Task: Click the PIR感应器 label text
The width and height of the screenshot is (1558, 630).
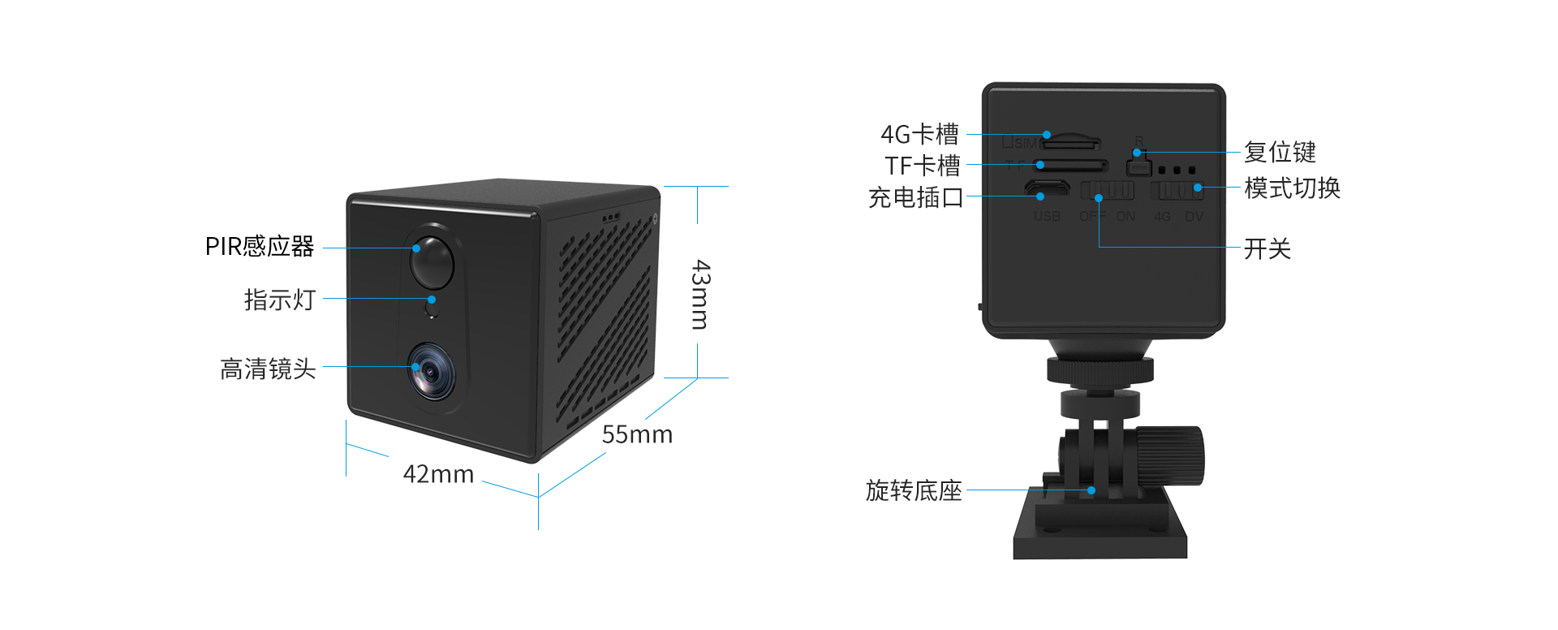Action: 259,247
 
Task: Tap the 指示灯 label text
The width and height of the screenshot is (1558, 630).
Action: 279,300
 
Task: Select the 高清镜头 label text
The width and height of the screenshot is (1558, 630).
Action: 268,369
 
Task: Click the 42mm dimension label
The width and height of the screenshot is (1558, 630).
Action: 438,474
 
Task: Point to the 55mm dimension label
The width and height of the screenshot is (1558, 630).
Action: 637,435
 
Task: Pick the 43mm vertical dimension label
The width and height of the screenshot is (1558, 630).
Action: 699,295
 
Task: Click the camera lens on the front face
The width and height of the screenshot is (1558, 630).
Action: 431,372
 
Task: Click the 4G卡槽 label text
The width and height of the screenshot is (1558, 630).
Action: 919,135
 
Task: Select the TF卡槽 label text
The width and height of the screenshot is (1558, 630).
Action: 923,166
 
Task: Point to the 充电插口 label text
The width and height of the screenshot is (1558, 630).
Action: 915,197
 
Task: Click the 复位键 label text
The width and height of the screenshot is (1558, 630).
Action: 1280,153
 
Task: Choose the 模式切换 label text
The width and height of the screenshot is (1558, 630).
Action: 1292,188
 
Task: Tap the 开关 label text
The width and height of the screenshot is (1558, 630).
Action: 1267,249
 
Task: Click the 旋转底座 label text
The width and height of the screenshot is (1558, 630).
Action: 913,491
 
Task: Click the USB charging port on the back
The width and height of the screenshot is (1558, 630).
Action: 1047,189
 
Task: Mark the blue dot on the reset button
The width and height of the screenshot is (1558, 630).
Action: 1137,153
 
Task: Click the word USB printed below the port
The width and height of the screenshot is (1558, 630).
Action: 1047,217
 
